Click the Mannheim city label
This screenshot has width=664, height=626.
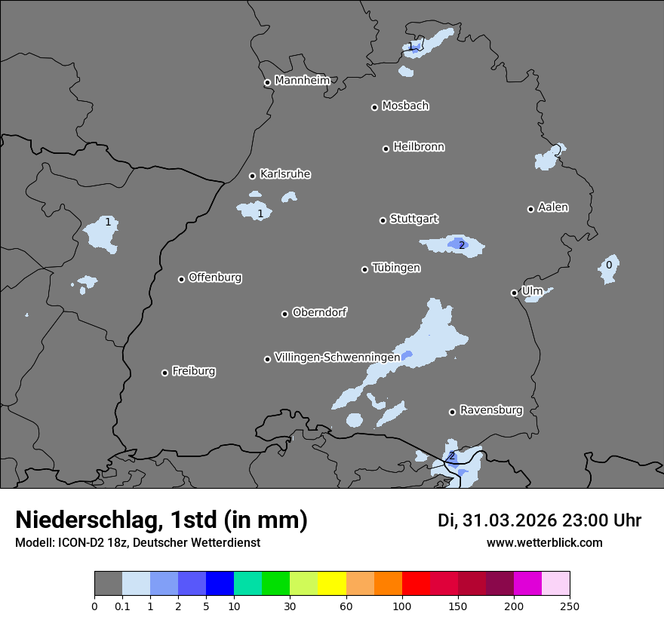[x=302, y=80]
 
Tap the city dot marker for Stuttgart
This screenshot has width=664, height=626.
[x=383, y=220]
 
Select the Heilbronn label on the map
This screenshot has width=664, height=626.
[x=419, y=146]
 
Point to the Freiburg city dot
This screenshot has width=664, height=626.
[x=164, y=373]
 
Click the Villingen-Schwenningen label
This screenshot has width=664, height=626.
[x=337, y=357]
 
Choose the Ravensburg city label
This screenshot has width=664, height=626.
[x=491, y=410]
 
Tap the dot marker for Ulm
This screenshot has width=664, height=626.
[x=514, y=293]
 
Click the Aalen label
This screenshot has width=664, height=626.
[x=553, y=207]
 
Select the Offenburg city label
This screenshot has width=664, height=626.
[x=215, y=277]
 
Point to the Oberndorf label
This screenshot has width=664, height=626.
[x=319, y=311]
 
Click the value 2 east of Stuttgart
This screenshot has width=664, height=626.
[x=462, y=245]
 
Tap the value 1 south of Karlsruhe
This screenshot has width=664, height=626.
[x=260, y=213]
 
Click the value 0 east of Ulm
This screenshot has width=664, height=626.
[x=609, y=265]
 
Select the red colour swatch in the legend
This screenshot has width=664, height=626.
[x=416, y=584]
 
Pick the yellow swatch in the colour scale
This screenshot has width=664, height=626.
[x=332, y=584]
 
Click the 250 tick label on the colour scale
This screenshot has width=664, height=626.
[x=570, y=605]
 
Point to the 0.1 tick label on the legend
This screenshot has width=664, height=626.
[x=122, y=605]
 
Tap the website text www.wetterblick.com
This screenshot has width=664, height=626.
[x=544, y=542]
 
